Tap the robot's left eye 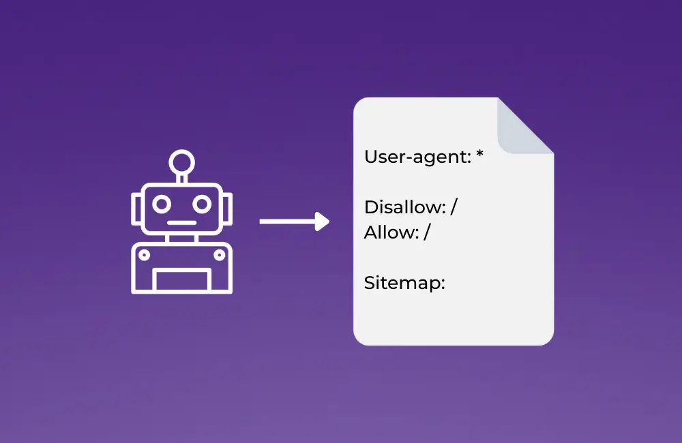point(162,204)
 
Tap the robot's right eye point(201,204)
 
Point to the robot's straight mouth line point(181,222)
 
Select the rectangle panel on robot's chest point(181,280)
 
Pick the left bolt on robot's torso point(144,255)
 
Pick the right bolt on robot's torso point(219,255)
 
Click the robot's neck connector point(181,239)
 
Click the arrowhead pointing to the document point(323,221)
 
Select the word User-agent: point(417,157)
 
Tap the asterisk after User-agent point(479,155)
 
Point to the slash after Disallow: point(454,207)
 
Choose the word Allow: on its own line point(391,232)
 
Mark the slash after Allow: point(428,232)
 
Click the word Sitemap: point(404,283)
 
